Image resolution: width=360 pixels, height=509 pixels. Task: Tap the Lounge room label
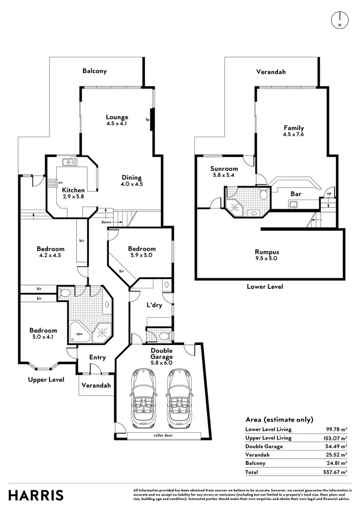(x=117, y=117)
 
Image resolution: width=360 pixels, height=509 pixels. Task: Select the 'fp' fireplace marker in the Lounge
(x=147, y=119)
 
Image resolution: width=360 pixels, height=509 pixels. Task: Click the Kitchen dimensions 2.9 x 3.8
(x=73, y=197)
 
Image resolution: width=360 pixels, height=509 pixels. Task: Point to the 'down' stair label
(x=107, y=222)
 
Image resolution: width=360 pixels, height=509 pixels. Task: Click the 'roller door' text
(x=163, y=435)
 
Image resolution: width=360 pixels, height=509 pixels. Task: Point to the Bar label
(x=296, y=194)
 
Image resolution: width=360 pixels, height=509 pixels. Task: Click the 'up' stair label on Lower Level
(x=328, y=193)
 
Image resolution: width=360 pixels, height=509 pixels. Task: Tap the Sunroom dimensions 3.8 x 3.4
(x=224, y=176)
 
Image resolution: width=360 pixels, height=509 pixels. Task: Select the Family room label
(x=294, y=128)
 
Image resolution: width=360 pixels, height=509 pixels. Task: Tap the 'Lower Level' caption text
(x=264, y=286)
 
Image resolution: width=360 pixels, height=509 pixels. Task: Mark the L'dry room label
(x=154, y=305)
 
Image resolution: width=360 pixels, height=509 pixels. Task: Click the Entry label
(x=98, y=357)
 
